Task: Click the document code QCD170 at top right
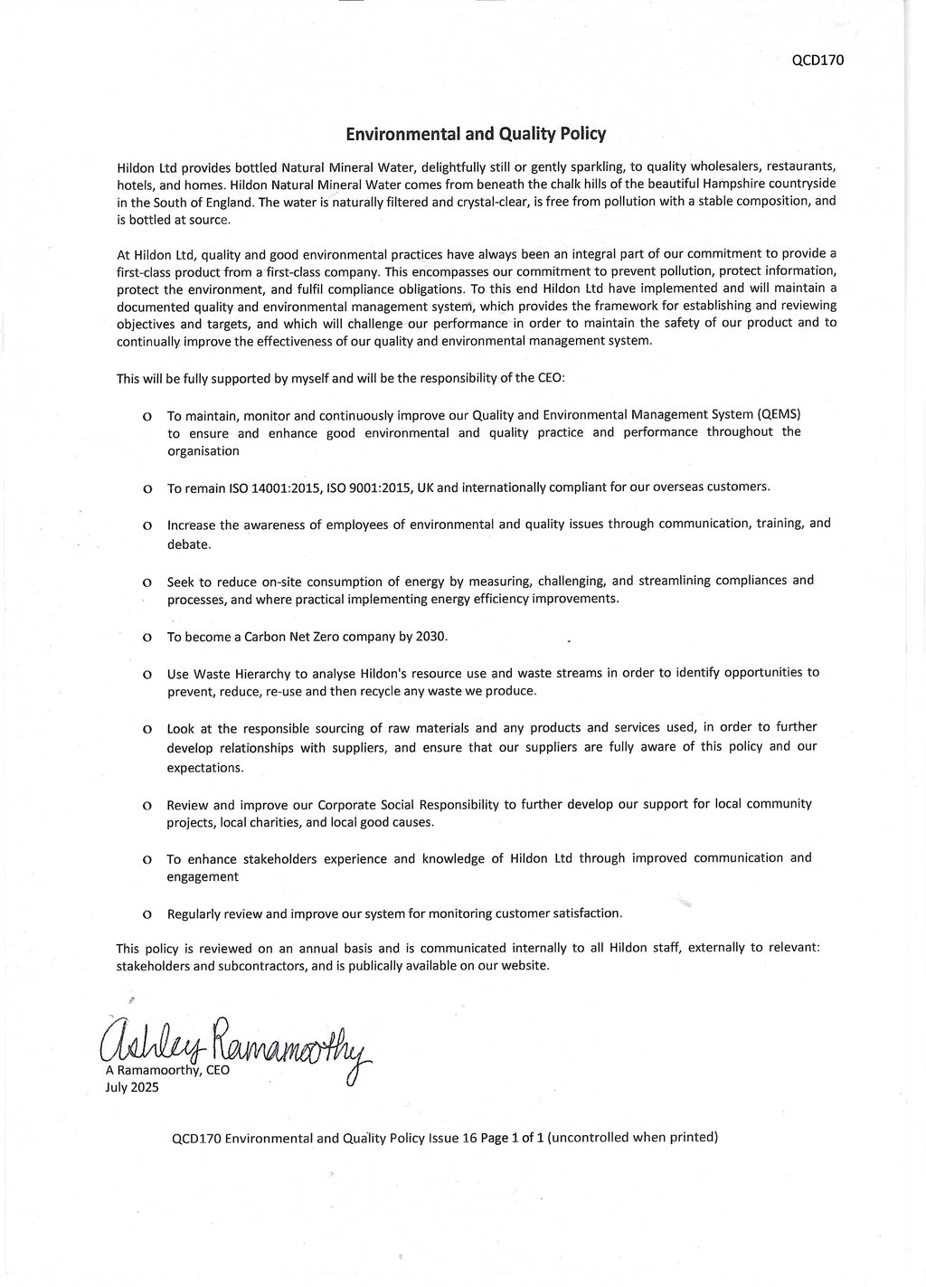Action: pos(817,61)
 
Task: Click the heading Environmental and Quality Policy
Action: pos(476,134)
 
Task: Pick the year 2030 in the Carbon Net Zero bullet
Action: pos(430,636)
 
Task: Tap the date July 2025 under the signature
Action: pos(132,1087)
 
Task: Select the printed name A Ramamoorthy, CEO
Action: pos(168,1070)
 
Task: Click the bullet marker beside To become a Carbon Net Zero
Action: pos(146,638)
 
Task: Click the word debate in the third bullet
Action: pos(188,544)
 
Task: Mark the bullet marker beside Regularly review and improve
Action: pos(146,914)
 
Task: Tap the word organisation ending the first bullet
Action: pos(203,450)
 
